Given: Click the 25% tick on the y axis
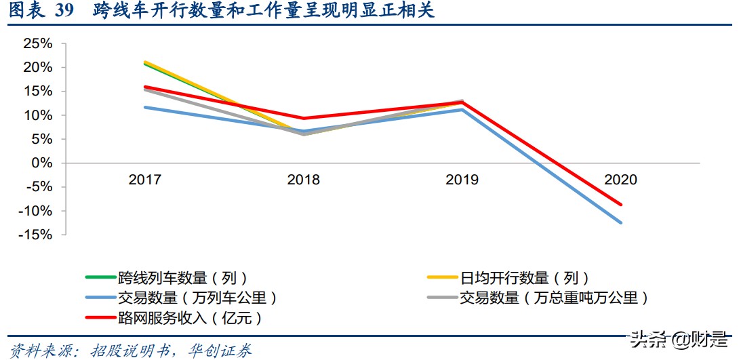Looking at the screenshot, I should tap(38, 44).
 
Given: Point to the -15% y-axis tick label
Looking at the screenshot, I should tap(35, 235).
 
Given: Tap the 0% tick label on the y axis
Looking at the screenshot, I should tap(42, 163).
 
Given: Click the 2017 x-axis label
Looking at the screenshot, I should tap(145, 180).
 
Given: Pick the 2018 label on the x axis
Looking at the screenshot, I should tap(304, 180).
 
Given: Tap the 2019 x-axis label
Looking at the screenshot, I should tap(462, 180).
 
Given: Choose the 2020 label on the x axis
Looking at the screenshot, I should tap(620, 180).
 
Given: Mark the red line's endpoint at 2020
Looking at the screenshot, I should tap(620, 204).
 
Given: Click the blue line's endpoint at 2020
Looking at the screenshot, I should tap(620, 222).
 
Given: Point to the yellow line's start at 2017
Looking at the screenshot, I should tap(145, 62).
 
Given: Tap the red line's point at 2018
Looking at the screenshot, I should tap(304, 119).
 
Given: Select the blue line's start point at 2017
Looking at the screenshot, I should tap(145, 107).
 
